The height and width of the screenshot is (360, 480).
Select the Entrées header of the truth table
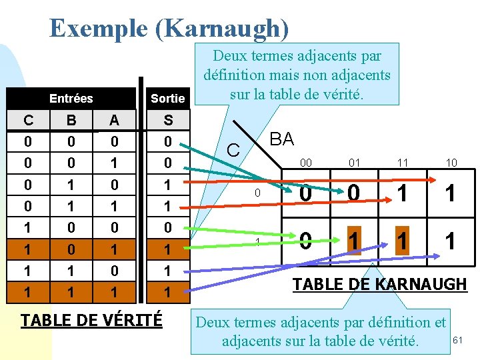(x=71, y=99)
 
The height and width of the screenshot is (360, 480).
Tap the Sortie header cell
(x=167, y=99)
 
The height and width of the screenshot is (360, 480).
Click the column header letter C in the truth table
(x=28, y=120)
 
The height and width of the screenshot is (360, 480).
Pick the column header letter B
(x=71, y=120)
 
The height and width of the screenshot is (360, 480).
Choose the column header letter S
(x=168, y=120)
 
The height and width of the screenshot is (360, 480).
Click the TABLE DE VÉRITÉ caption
(x=91, y=320)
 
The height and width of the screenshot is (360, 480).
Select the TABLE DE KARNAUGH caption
(x=380, y=284)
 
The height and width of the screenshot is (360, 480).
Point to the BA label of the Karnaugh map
(x=281, y=139)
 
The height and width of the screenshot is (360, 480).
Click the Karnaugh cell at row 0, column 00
(x=305, y=194)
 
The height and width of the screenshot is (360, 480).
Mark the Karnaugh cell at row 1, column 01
(x=353, y=240)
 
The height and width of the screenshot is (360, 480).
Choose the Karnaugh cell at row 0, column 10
(x=451, y=194)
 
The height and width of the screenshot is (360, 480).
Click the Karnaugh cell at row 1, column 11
(x=402, y=240)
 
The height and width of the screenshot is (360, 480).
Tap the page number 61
(x=457, y=341)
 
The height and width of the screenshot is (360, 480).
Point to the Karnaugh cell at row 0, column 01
(x=353, y=194)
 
